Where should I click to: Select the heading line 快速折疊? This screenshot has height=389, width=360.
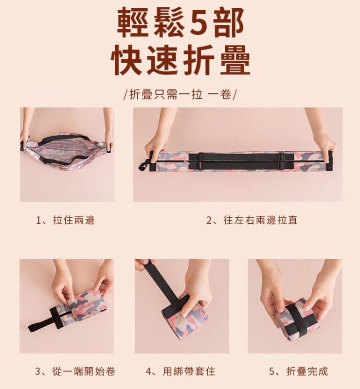pos(180,60)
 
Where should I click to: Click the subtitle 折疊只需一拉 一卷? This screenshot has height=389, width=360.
pos(180,94)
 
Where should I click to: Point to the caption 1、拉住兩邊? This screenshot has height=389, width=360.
pos(65,220)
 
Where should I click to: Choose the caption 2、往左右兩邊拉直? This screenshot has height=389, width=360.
pos(252,220)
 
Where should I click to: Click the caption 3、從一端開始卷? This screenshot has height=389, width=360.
pos(75,371)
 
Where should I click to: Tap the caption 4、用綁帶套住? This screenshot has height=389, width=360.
pos(180,371)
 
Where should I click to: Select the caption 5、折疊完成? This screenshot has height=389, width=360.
pos(298,371)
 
